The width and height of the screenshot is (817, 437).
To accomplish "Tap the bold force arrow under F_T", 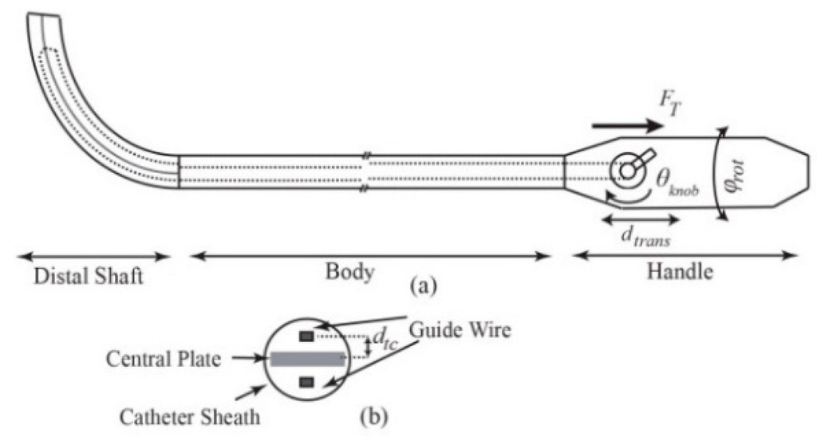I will [x=627, y=127].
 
